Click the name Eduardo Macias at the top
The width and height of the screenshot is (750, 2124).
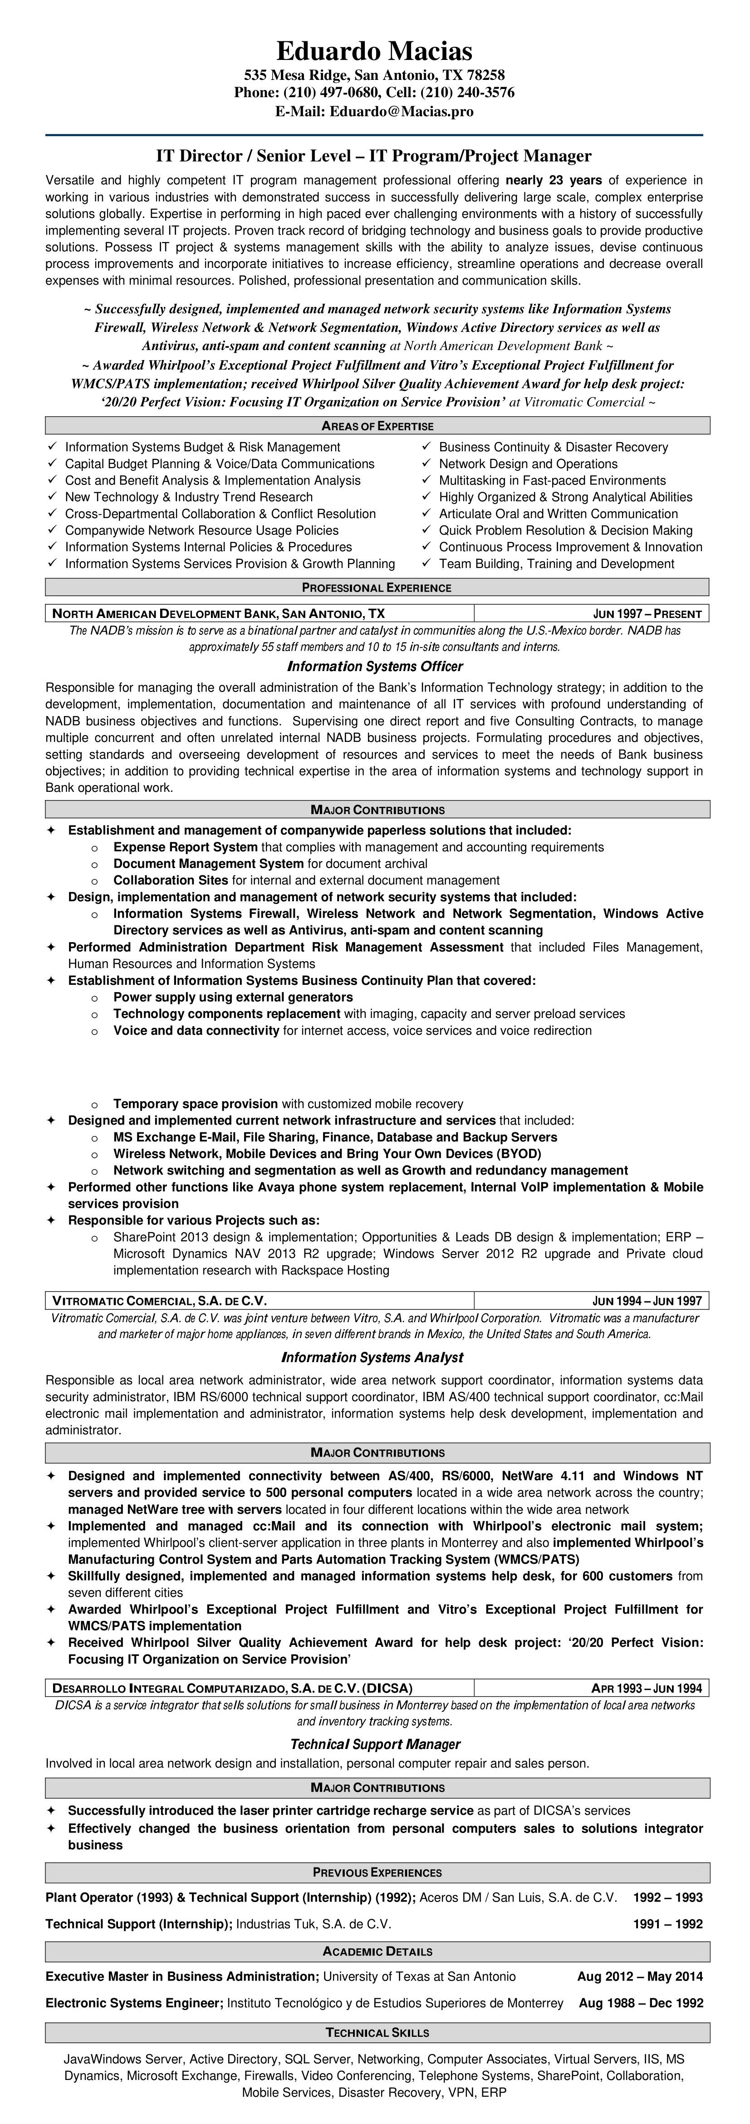[374, 51]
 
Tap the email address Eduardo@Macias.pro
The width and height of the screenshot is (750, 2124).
[402, 111]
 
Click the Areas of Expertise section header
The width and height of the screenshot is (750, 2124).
[377, 426]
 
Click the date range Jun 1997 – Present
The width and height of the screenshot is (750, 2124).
[647, 613]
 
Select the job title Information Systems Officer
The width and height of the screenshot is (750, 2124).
[375, 666]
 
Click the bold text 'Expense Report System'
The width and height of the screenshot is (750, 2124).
[186, 847]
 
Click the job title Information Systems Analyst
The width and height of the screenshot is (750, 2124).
[373, 1357]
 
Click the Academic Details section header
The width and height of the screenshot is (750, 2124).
[377, 1928]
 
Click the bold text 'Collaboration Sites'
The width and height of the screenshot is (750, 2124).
[171, 880]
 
